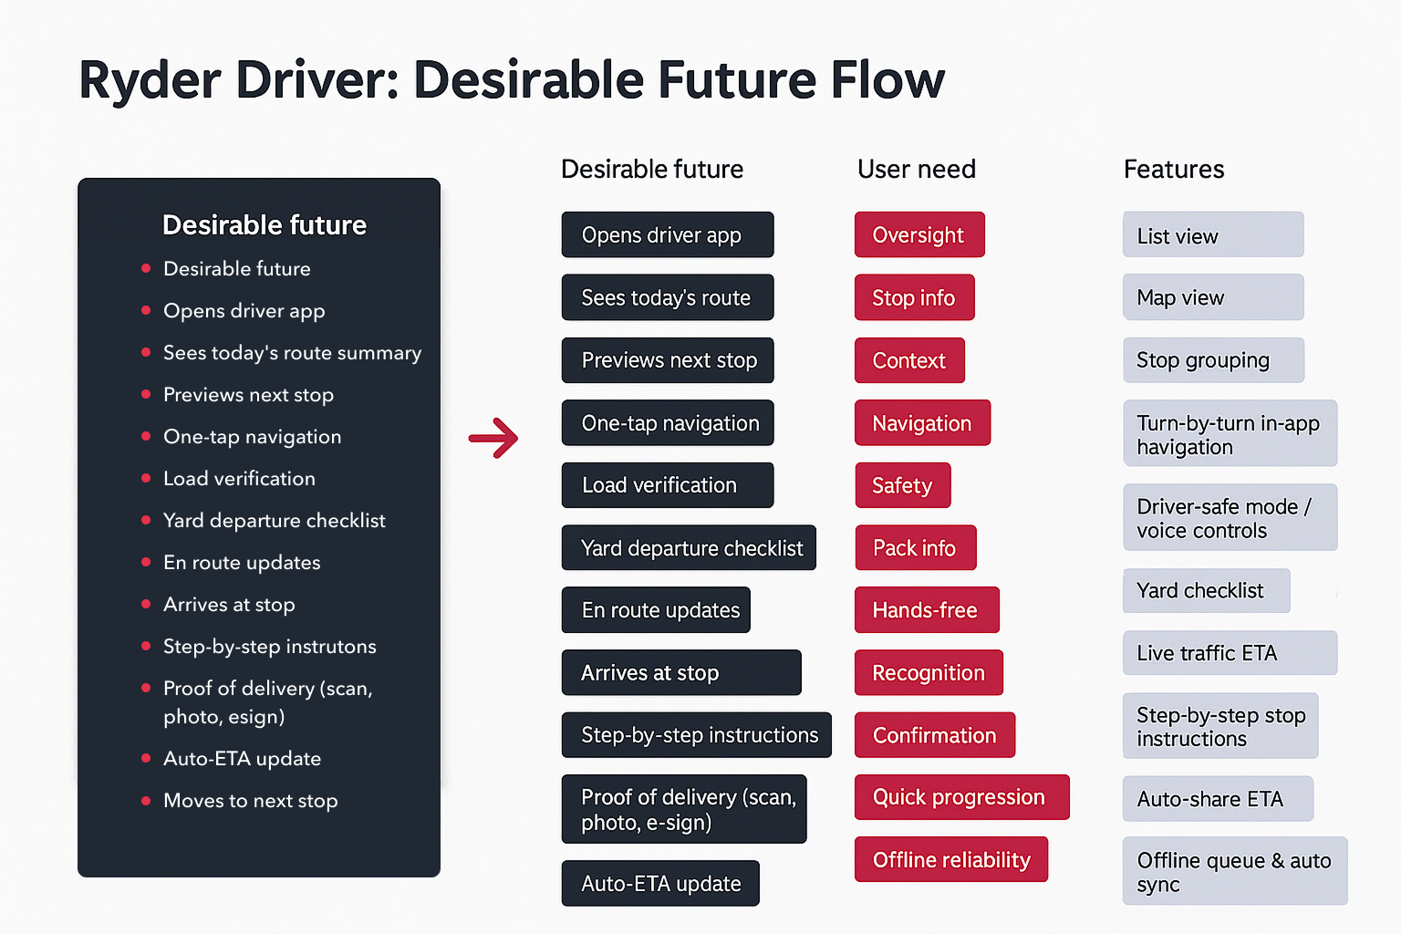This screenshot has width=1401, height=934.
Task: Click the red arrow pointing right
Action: [x=493, y=438]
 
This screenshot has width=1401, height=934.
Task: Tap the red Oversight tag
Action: [x=919, y=235]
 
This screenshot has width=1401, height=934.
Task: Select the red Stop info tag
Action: [x=914, y=297]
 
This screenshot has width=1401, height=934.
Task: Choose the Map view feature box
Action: [x=1212, y=297]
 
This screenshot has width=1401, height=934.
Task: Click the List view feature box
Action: [x=1212, y=235]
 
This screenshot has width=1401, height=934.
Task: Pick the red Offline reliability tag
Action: [x=951, y=859]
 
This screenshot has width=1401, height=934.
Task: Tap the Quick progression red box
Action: [x=961, y=797]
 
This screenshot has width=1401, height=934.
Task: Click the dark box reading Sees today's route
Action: [x=667, y=297]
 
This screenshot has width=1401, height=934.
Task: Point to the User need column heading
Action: [x=917, y=169]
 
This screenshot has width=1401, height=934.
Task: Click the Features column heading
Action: [x=1174, y=169]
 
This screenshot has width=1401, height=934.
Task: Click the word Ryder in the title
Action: [x=150, y=80]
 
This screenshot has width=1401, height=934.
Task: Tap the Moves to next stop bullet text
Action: [x=250, y=801]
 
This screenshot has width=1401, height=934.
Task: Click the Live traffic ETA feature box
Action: [x=1229, y=653]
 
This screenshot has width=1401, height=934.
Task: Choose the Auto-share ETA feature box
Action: [x=1218, y=799]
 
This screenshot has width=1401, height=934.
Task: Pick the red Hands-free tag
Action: [x=926, y=610]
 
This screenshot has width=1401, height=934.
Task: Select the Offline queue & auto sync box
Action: [x=1234, y=871]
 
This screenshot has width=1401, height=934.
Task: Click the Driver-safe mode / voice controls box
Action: [x=1230, y=518]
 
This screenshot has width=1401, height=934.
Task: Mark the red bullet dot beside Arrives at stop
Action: [x=146, y=604]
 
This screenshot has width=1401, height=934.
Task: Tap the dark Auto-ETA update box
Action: [x=660, y=883]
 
